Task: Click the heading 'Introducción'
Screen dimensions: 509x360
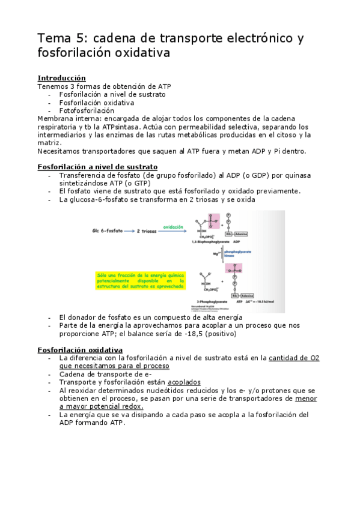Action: [x=61, y=78]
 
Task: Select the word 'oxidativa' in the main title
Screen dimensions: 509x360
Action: [x=142, y=53]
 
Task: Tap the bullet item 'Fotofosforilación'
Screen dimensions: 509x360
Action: [x=87, y=110]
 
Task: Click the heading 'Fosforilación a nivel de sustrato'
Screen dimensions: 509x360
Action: [x=97, y=166]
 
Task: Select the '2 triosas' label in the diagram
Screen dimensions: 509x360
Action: [x=147, y=230]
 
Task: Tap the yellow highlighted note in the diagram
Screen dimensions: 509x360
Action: [x=139, y=280]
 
